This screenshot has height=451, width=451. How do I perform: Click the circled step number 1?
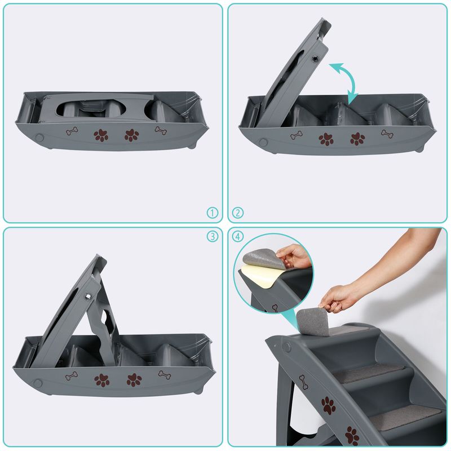213,213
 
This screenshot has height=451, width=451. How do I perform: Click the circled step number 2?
237,213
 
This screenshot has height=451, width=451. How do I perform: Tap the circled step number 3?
213,236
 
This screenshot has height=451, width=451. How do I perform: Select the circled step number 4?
237,236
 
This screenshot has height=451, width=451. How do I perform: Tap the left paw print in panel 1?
101,135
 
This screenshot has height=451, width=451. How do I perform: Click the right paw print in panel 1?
132,135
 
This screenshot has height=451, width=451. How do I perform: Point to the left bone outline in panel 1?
72,131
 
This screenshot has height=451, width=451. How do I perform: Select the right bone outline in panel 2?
387,134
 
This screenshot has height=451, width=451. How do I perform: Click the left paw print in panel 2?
326,139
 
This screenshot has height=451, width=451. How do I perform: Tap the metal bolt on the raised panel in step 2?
316,59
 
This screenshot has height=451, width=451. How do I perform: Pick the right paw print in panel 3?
134,379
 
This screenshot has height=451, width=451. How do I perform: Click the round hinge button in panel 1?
39,138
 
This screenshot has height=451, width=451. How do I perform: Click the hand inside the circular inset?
293,255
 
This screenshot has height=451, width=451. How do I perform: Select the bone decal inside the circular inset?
275,308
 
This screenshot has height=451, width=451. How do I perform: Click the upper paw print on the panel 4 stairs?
329,405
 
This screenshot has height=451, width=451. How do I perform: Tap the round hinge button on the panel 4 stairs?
286,347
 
